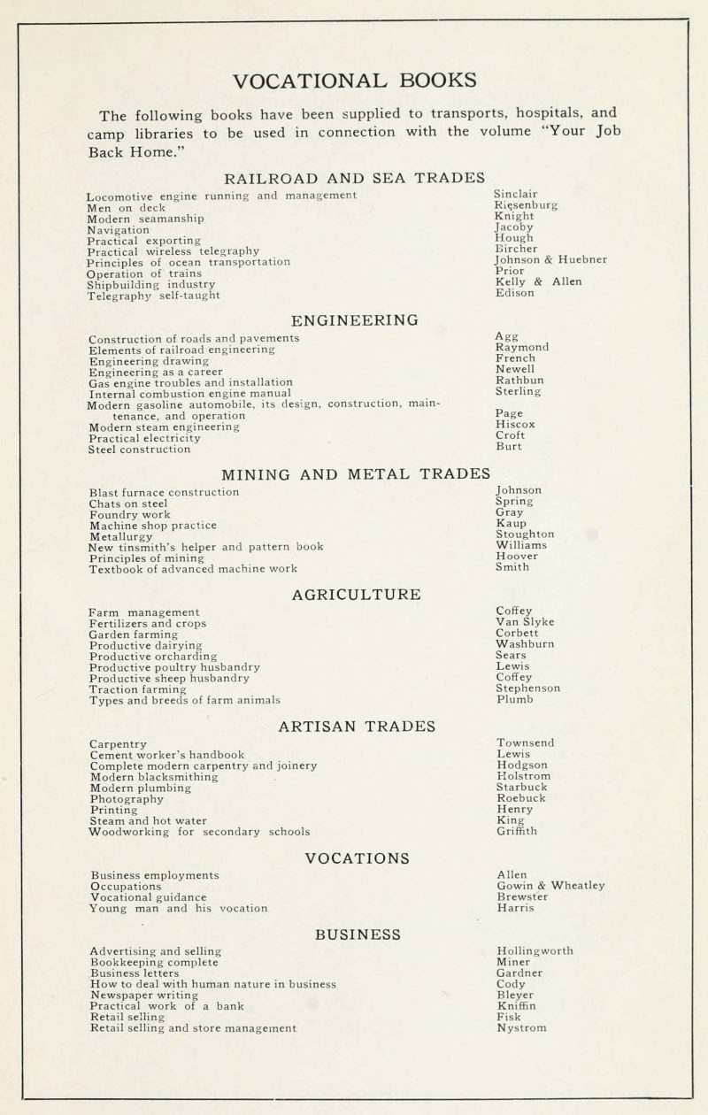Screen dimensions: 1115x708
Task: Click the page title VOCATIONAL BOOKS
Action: (x=354, y=80)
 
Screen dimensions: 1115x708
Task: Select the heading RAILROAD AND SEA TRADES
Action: (x=354, y=176)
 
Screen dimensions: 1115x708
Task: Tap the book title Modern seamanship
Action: (x=146, y=219)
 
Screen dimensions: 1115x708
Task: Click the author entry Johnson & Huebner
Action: (x=550, y=260)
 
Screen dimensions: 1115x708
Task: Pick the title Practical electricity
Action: (x=145, y=438)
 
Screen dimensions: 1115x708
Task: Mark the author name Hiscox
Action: (x=516, y=425)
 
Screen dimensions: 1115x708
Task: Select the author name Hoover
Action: (x=518, y=557)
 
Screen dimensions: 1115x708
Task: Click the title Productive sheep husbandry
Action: (x=170, y=678)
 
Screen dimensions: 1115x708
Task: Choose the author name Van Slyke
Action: (x=526, y=622)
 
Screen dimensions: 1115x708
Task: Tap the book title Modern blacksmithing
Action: (x=155, y=777)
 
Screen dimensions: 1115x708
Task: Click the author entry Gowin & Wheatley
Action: (x=550, y=886)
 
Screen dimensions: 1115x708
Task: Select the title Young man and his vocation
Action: (x=179, y=908)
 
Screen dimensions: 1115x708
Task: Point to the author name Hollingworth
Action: (x=535, y=951)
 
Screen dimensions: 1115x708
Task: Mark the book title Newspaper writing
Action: (x=144, y=995)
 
